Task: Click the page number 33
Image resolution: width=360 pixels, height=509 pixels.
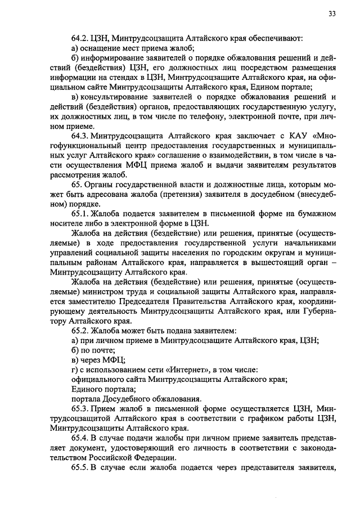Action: click(x=332, y=14)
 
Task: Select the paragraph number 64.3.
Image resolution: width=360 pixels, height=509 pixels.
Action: click(x=80, y=136)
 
